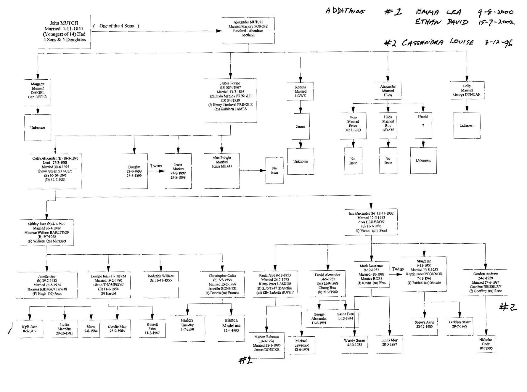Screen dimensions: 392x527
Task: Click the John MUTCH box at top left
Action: click(64, 31)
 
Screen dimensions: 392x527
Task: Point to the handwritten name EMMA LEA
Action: click(438, 12)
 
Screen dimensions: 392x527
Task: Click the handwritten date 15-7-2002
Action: click(496, 22)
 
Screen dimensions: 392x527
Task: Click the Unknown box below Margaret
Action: click(38, 128)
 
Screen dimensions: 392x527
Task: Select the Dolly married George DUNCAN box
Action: click(467, 90)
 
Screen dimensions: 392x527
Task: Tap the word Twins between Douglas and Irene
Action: click(156, 166)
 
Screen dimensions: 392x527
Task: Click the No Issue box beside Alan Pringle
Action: click(274, 170)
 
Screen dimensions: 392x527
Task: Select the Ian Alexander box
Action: click(371, 222)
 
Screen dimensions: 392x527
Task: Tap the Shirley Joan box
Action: click(47, 232)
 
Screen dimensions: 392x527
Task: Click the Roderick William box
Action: click(161, 284)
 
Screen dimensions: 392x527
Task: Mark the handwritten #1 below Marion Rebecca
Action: click(245, 360)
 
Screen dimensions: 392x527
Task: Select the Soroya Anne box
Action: click(424, 326)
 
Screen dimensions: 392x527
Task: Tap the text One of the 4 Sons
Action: click(116, 26)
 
